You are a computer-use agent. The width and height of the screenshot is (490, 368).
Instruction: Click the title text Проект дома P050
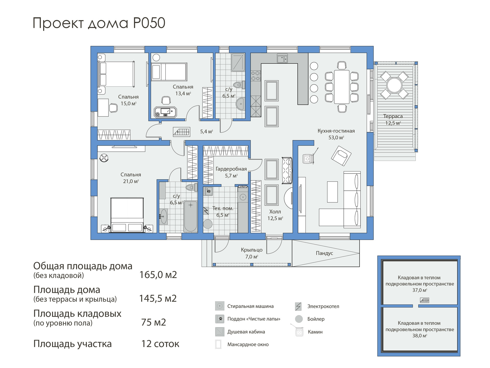[x=99, y=23]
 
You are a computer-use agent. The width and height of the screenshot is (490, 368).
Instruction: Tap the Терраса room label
[x=393, y=116]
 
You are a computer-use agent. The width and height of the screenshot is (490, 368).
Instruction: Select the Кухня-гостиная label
[x=336, y=131]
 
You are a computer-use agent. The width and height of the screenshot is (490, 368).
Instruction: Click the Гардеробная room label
[x=231, y=169]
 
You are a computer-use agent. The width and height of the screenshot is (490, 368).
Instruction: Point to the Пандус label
[x=324, y=253]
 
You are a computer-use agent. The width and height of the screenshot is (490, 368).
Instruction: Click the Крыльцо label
[x=252, y=250]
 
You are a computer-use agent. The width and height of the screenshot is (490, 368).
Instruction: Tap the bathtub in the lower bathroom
[x=190, y=216]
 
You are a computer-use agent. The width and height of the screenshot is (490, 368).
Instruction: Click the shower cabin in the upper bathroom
[x=238, y=62]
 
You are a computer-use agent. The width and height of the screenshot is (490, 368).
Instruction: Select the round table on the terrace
[x=394, y=85]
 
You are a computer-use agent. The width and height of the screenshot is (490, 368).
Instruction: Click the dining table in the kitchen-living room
[x=342, y=87]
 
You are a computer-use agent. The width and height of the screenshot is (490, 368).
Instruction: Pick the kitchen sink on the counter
[x=282, y=59]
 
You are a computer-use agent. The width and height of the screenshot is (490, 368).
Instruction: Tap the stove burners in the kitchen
[x=256, y=76]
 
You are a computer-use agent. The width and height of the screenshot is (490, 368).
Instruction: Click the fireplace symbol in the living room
[x=308, y=159]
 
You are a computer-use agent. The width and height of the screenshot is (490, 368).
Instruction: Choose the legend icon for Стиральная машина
[x=219, y=306]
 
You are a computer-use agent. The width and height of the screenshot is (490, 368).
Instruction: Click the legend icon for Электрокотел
[x=298, y=306]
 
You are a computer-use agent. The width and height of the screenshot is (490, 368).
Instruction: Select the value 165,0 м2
[x=158, y=275]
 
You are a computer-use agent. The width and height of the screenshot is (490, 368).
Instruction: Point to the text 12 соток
[x=160, y=344]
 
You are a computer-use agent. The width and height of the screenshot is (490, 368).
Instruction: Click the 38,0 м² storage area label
[x=420, y=336]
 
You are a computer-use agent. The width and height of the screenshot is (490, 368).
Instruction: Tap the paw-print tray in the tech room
[x=209, y=191]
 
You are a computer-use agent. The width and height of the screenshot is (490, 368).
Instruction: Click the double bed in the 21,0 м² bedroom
[x=127, y=215]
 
